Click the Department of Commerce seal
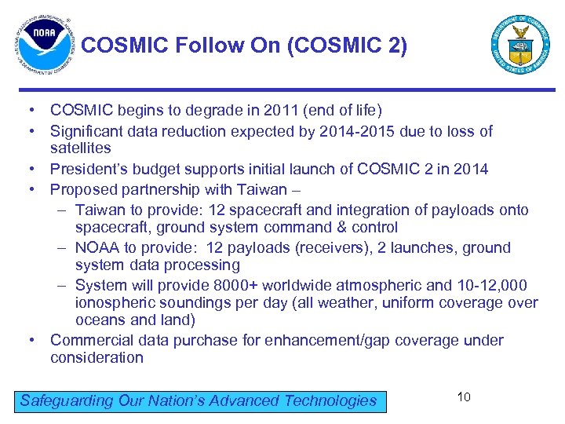click(520, 44)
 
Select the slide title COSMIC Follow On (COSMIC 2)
click(244, 46)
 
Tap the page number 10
click(464, 397)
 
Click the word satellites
click(81, 148)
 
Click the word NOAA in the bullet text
click(97, 247)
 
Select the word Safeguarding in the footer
click(67, 400)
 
